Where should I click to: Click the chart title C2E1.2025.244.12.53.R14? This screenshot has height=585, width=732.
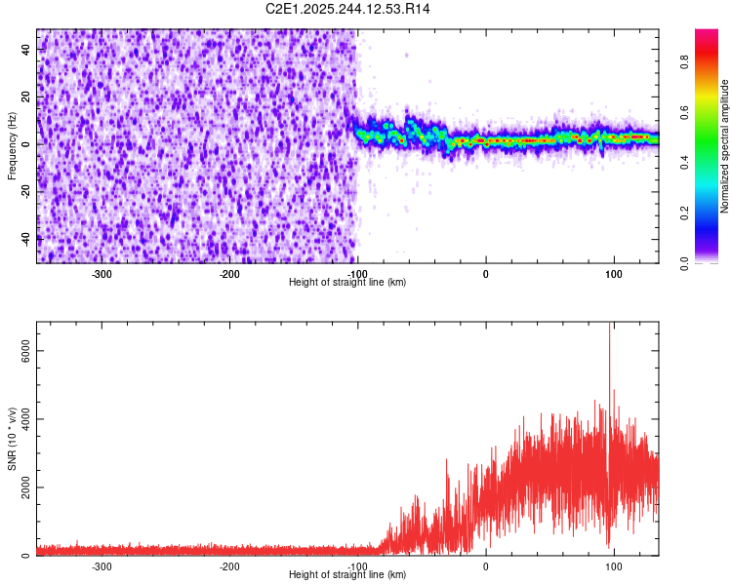point(348,9)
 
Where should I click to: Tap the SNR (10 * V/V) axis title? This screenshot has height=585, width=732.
point(12,439)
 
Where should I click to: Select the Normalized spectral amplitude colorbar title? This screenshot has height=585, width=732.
point(724,146)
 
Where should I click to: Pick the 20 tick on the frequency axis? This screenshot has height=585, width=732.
point(25,97)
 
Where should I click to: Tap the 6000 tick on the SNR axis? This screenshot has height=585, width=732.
point(20,351)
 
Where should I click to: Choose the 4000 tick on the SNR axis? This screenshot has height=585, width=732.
point(20,419)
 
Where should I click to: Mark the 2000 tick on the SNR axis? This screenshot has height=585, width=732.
point(20,487)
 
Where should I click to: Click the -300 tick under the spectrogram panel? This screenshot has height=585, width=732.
point(102,273)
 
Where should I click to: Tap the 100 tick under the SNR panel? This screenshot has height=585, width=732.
point(614,565)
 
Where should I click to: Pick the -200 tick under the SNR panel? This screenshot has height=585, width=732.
point(229,565)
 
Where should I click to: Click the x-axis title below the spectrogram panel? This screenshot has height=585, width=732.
point(347,282)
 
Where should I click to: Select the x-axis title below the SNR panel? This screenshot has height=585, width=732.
point(347,575)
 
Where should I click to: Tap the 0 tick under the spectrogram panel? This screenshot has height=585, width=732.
point(486,273)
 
